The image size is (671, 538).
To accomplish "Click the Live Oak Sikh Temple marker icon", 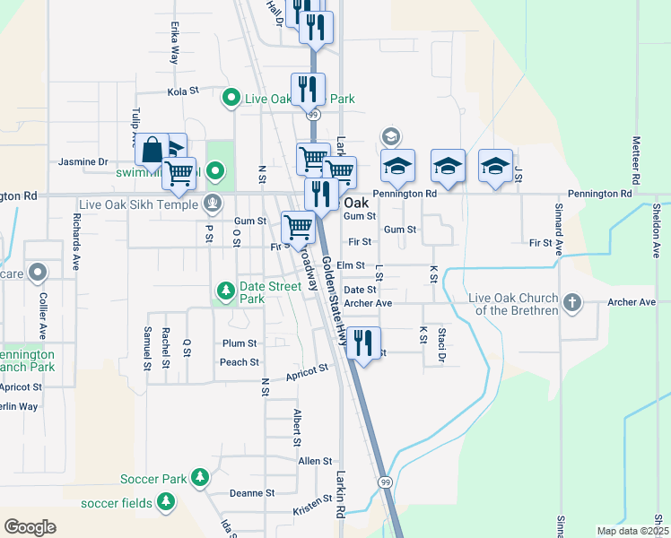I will pos(213,204).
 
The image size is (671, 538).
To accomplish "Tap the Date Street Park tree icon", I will pos(226,290).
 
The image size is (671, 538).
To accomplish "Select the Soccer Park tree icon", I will pos(202,479).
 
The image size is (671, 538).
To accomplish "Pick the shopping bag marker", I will pos(152,150).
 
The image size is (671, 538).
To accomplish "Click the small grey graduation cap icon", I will pos(390,136).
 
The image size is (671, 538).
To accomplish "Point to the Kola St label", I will pos(182,91).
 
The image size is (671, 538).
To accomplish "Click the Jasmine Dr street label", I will pos(83,162).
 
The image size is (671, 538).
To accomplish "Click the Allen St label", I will pos(316,461).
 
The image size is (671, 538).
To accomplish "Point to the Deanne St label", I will pos(252,493).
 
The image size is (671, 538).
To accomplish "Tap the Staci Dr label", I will pos(441,344).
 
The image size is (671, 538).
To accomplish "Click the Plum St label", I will pos(240,343).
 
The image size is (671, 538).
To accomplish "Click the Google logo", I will pos(30,527).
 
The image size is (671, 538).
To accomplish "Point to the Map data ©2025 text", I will pos(632,531).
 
